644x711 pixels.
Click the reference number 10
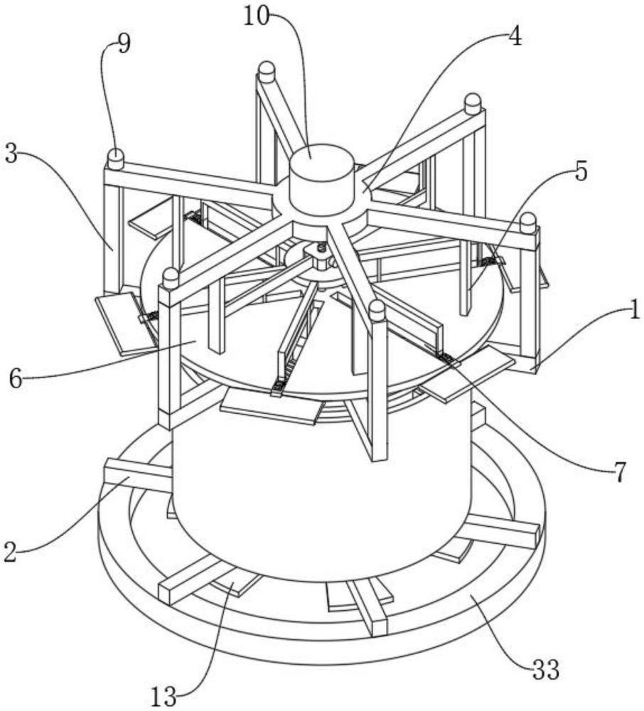[x=256, y=17]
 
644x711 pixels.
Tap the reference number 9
[x=123, y=44]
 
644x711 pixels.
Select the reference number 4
[x=515, y=36]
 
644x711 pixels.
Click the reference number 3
[x=11, y=154]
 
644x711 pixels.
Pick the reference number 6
[x=16, y=379]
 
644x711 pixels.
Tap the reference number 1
[x=635, y=310]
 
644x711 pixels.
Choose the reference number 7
[x=620, y=472]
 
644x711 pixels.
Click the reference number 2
[x=10, y=552]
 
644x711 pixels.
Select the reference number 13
[x=163, y=697]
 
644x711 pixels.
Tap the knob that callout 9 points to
[x=116, y=159]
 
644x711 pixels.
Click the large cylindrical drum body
[x=322, y=490]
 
